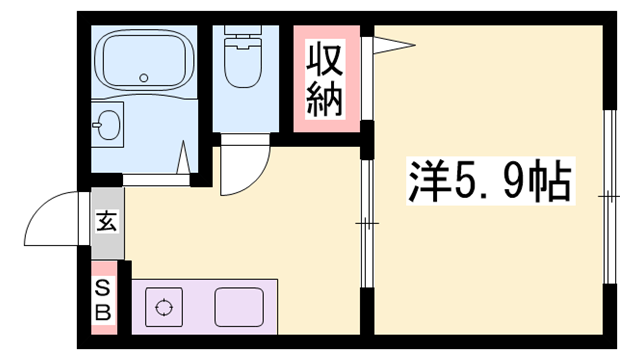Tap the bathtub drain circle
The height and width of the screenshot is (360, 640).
pos(143,77)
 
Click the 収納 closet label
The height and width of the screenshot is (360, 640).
pos(327,78)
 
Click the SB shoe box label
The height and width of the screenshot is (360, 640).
pos(103,298)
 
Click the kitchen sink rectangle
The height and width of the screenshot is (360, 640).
pos(236,304)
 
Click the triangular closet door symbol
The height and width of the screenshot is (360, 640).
pos(390,43)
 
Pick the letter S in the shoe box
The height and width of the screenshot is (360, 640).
pos(103,286)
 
